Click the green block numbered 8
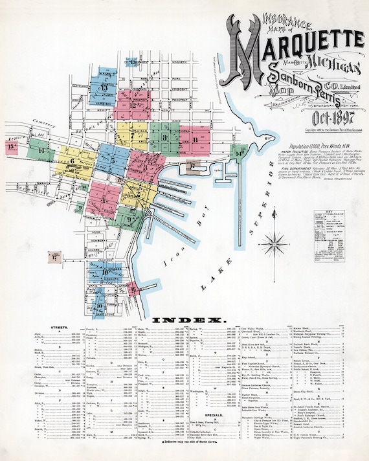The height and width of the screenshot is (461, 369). click(x=166, y=137)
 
